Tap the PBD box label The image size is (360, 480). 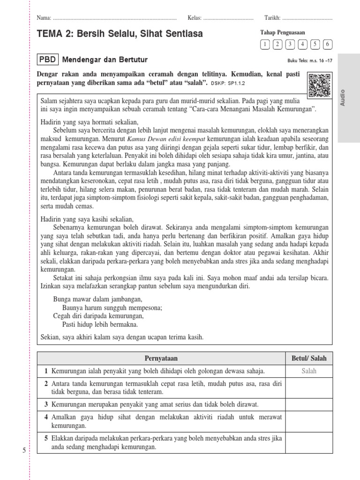click(47, 60)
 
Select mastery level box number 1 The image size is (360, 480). click(265, 45)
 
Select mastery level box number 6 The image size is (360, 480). click(328, 45)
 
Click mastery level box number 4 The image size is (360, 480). click(303, 45)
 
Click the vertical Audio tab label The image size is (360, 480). click(343, 97)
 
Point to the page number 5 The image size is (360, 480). click(24, 450)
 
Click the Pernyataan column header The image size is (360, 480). click(161, 358)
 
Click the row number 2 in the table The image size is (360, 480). click(46, 384)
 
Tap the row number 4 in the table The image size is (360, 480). click(46, 417)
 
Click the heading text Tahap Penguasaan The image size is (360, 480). click(283, 32)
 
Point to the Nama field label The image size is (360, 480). click(44, 18)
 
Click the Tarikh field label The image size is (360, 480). click(272, 18)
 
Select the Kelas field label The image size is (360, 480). click(194, 18)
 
